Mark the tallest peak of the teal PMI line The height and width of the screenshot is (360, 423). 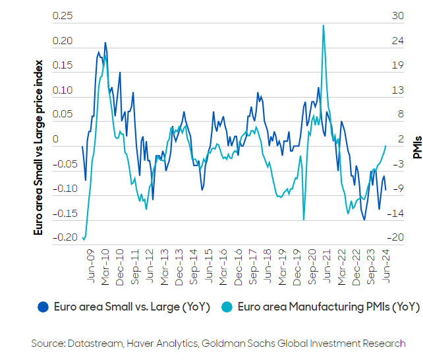click(x=324, y=26)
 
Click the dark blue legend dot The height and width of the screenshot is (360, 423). click(x=44, y=307)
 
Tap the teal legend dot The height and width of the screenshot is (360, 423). click(x=225, y=307)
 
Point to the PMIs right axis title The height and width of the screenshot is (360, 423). click(x=416, y=146)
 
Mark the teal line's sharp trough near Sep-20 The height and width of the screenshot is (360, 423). click(x=304, y=220)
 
